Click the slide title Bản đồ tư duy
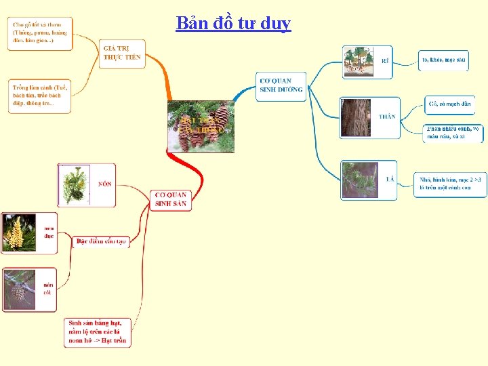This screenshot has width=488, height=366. point(233,23)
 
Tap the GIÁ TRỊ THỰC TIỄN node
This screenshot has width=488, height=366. point(123,53)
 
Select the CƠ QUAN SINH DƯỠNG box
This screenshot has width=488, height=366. point(281,85)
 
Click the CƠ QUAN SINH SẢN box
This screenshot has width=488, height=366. point(170,199)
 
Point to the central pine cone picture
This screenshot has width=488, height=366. point(201,125)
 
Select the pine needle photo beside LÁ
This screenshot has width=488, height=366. point(359,180)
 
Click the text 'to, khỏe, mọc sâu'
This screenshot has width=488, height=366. point(444,60)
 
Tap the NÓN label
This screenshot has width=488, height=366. point(105,184)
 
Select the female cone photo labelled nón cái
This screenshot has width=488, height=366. point(19,289)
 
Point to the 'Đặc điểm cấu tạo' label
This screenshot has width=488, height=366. point(101,241)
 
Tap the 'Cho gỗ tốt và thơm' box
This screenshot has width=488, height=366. point(40,33)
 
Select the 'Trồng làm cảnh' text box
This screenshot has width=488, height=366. point(40,96)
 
